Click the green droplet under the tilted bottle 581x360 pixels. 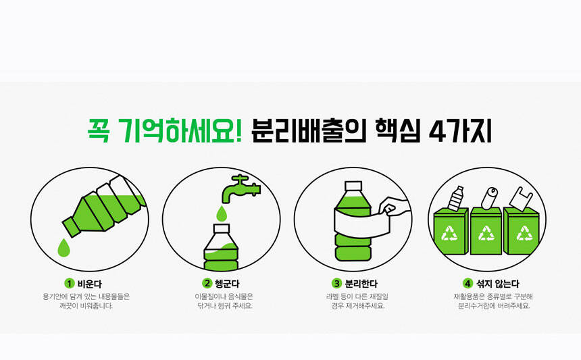(x=64, y=248)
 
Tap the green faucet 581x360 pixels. (x=240, y=189)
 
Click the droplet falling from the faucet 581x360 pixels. (x=222, y=213)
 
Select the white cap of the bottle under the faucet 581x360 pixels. (x=222, y=228)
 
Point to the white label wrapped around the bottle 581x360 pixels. (x=361, y=224)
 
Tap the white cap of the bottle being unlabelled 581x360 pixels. (x=353, y=186)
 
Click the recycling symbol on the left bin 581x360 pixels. (x=449, y=234)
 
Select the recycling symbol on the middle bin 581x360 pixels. (x=486, y=234)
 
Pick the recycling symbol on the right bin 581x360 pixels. (x=524, y=234)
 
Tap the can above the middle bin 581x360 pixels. (x=489, y=199)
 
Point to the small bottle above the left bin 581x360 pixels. (x=456, y=199)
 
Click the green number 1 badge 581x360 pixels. (x=70, y=284)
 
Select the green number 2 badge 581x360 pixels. (x=207, y=284)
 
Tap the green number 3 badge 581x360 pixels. (x=336, y=284)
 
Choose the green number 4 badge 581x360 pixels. (x=468, y=284)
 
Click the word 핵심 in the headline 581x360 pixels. (x=398, y=131)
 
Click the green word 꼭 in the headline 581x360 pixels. (x=99, y=130)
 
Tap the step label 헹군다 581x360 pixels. (x=227, y=284)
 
